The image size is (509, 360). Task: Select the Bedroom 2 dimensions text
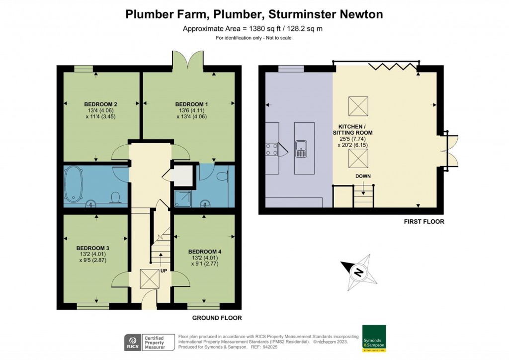coord(101,114)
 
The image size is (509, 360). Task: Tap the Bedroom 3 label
coord(92,248)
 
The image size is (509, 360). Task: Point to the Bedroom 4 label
coord(205,252)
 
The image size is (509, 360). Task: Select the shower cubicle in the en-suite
coord(182,198)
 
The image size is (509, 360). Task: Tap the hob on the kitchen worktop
coord(272,149)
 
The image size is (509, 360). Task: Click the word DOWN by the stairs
coord(363,177)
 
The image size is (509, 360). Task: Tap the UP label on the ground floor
coord(164,270)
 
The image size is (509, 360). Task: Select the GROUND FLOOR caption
coord(213,318)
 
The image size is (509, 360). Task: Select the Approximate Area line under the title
coord(253,28)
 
